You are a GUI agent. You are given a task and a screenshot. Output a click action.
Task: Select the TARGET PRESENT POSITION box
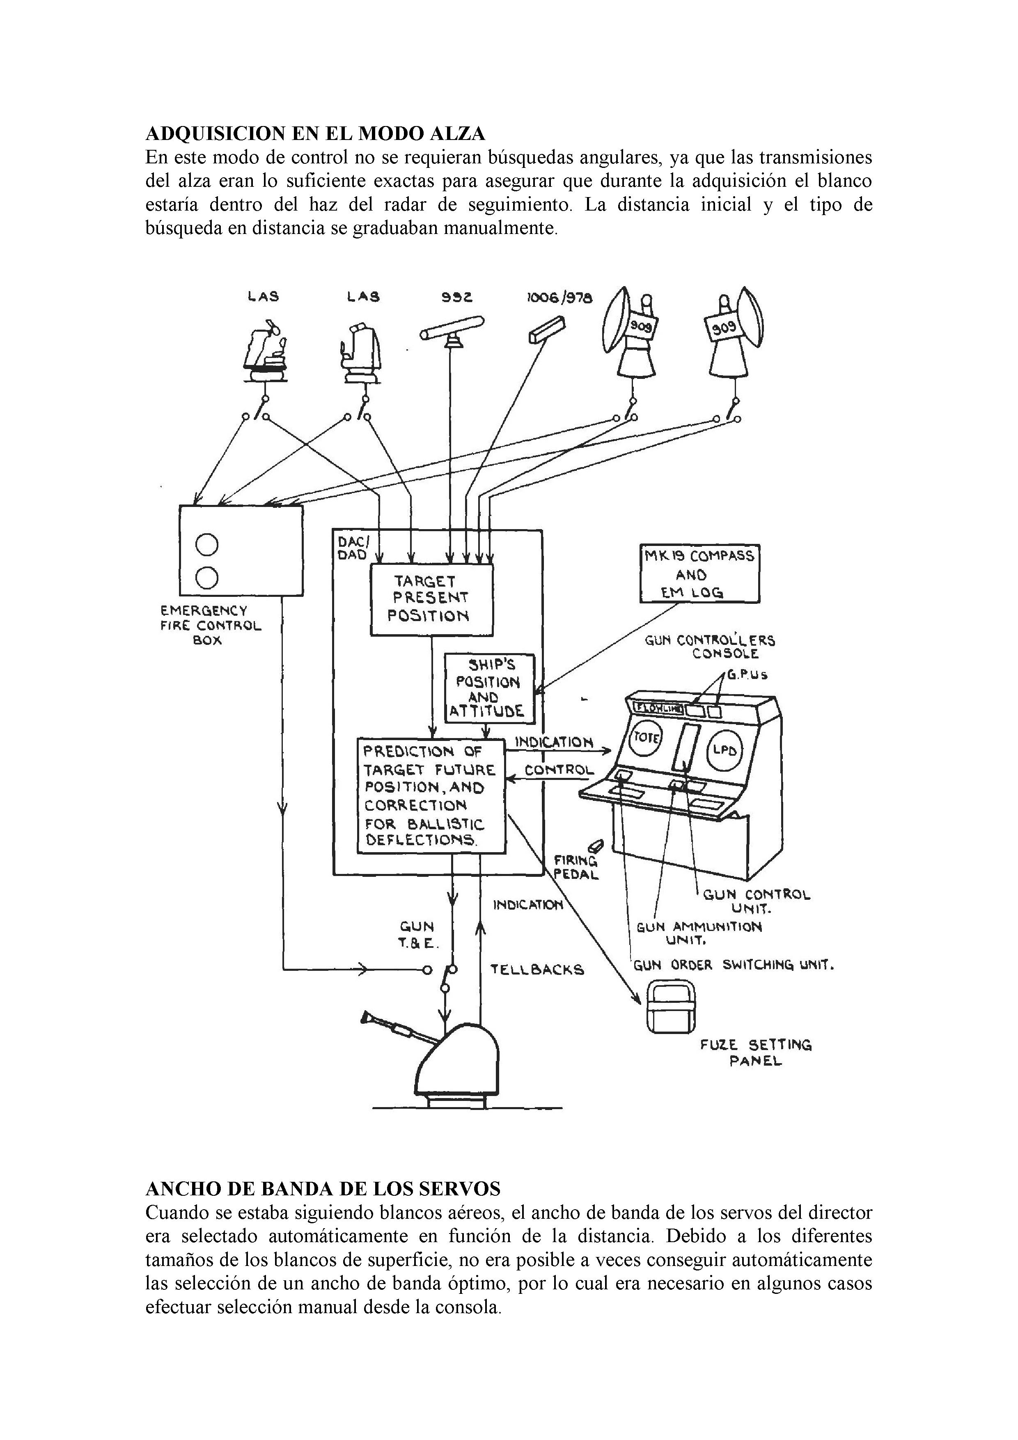pos(431,599)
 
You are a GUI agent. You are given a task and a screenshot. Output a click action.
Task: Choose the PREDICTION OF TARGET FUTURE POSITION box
pos(431,795)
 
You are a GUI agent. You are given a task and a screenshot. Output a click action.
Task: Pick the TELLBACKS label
pos(537,970)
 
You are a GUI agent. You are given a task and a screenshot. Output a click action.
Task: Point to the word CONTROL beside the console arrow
pos(559,770)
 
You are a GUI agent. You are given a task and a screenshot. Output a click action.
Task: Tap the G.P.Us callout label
pos(747,676)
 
